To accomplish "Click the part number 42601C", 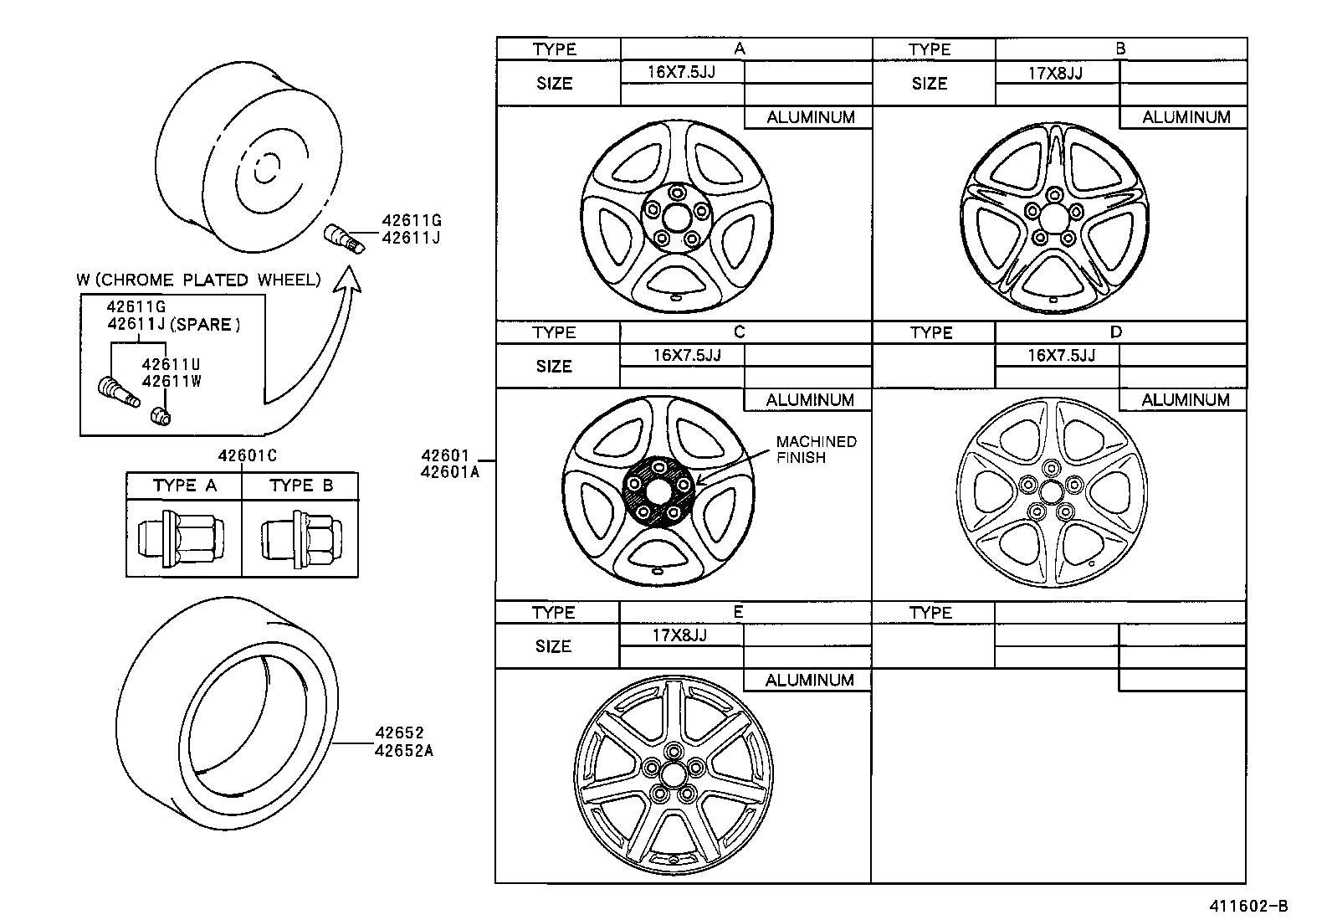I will (248, 456).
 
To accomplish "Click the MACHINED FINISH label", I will (816, 450).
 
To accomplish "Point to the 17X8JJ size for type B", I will (1055, 72).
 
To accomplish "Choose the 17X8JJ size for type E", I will (679, 635).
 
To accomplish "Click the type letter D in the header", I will (1115, 332).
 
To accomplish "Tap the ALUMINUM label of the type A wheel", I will (810, 117).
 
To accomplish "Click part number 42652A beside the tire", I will (404, 750).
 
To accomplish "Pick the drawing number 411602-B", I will (1246, 906).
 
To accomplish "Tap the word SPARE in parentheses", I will (205, 326).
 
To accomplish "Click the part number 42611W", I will (172, 381).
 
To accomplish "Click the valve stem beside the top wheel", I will (344, 237).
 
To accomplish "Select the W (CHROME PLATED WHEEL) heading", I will (198, 280).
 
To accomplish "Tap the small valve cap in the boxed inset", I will (160, 414).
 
